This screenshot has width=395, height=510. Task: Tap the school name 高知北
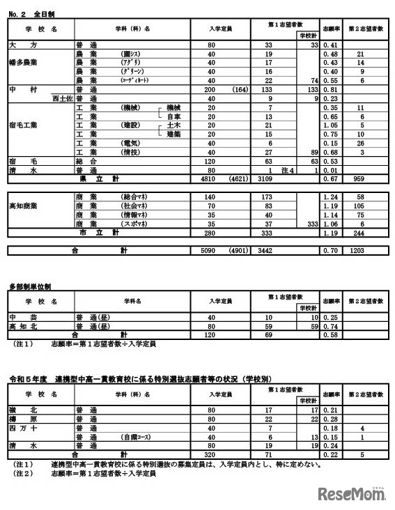pos(22,326)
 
